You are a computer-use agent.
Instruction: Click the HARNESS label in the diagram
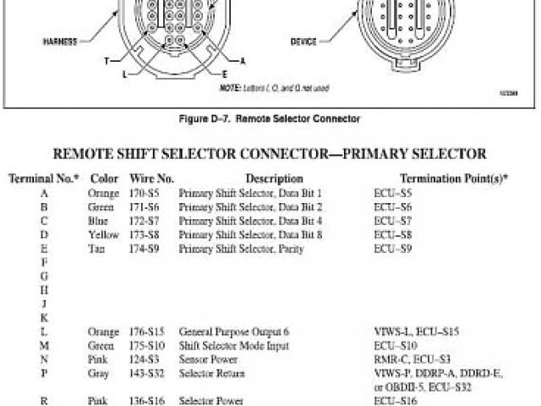click(59, 40)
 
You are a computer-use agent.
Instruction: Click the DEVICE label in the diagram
click(303, 40)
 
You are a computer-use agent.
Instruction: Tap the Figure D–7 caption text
click(270, 119)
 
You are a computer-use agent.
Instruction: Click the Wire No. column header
click(151, 179)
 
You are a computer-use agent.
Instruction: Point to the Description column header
click(274, 179)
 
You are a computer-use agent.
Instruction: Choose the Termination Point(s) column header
click(454, 179)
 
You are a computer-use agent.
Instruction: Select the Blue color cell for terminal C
click(99, 221)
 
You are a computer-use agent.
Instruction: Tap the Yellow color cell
click(103, 234)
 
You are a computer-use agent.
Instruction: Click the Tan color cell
click(97, 249)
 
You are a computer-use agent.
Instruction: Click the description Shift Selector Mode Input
click(233, 345)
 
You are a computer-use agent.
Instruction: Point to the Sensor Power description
click(207, 359)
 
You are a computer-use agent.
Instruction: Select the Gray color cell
click(99, 373)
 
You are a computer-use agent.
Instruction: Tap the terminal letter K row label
click(44, 317)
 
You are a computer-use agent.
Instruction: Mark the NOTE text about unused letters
click(274, 88)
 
